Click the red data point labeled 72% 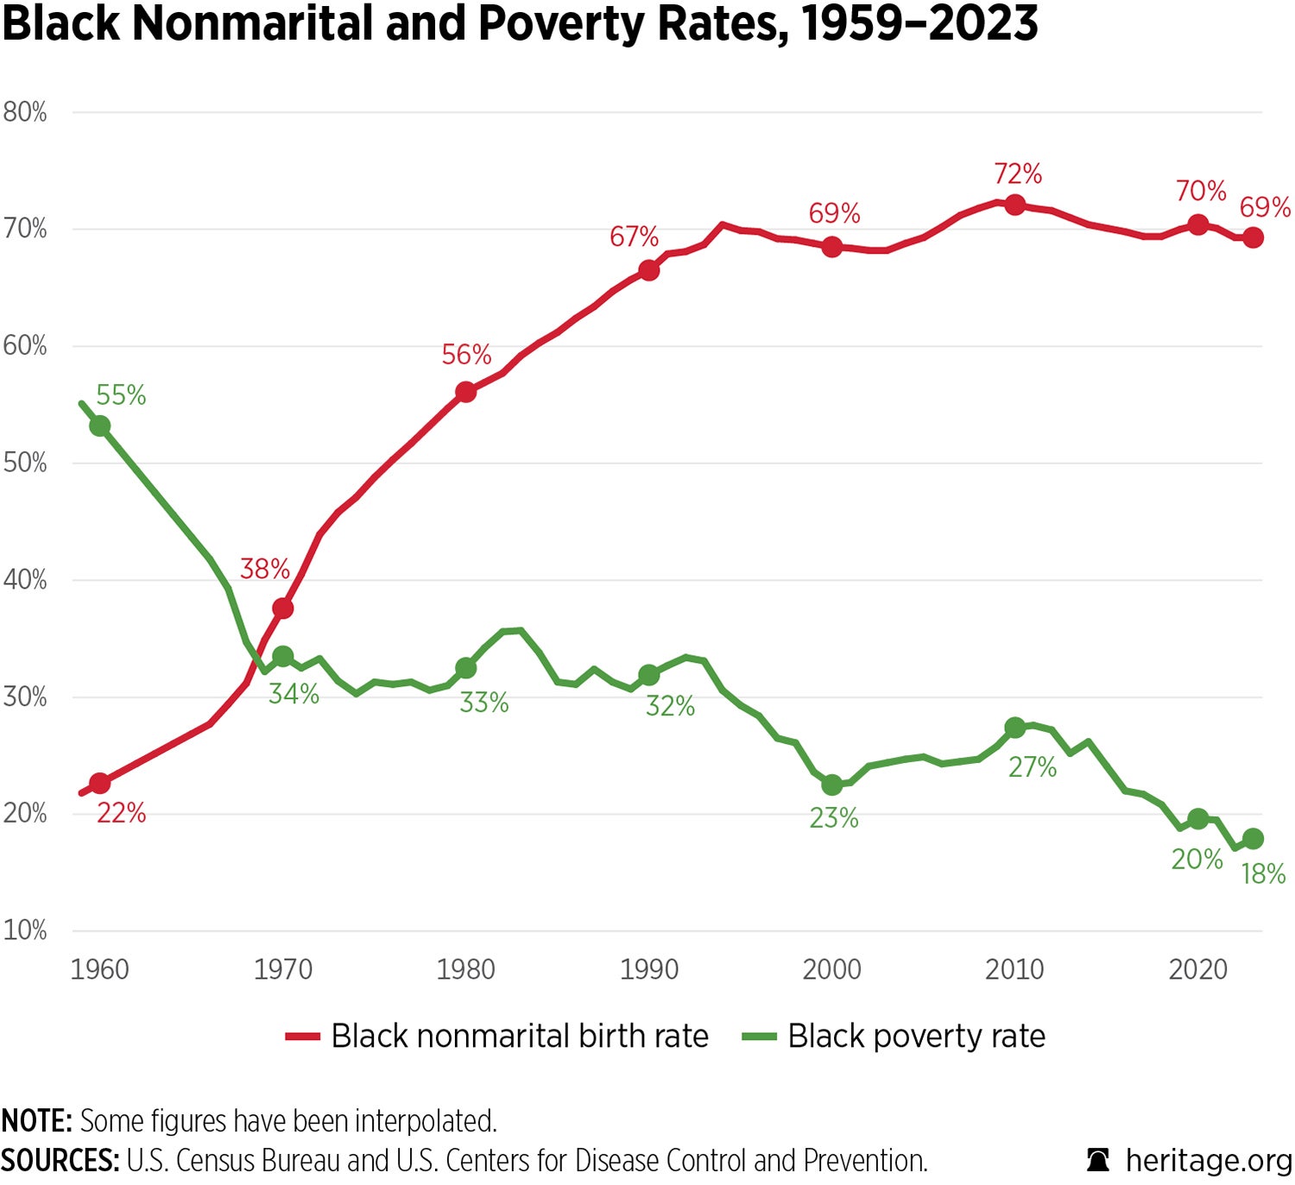pyautogui.click(x=1014, y=205)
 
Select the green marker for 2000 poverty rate pyautogui.click(x=831, y=785)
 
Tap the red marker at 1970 pyautogui.click(x=282, y=608)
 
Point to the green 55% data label pyautogui.click(x=121, y=395)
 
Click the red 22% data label pyautogui.click(x=121, y=813)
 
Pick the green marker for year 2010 pyautogui.click(x=1014, y=728)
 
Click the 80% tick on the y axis pyautogui.click(x=25, y=112)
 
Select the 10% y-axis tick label pyautogui.click(x=25, y=930)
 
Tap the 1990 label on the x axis pyautogui.click(x=648, y=969)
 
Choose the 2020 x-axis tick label pyautogui.click(x=1197, y=969)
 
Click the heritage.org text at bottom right pyautogui.click(x=1208, y=1161)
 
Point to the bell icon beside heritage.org pyautogui.click(x=1098, y=1160)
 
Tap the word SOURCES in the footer pyautogui.click(x=60, y=1161)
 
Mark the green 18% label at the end pyautogui.click(x=1263, y=874)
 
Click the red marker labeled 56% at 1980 pyautogui.click(x=465, y=392)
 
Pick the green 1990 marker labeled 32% pyautogui.click(x=648, y=675)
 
